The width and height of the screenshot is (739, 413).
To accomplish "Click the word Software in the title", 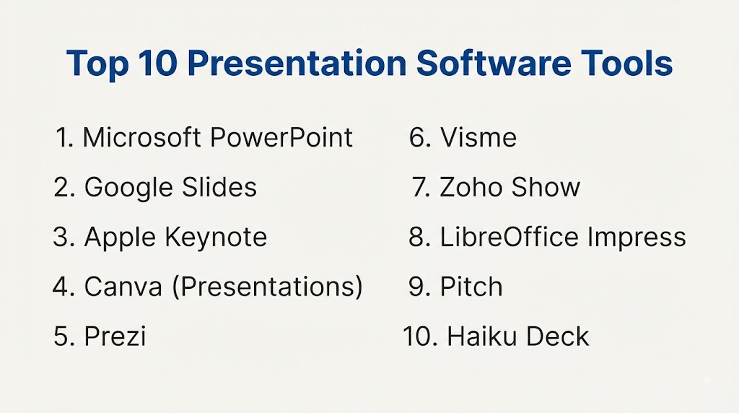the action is [494, 63].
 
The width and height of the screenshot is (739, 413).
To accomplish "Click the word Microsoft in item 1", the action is [142, 137].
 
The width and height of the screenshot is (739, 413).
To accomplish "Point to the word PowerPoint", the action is [281, 137].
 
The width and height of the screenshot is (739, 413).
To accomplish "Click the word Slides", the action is [219, 187].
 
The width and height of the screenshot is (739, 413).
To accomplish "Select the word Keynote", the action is [216, 238].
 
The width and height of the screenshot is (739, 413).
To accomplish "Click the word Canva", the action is [123, 287].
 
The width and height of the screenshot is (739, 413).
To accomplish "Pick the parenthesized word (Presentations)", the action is [267, 287].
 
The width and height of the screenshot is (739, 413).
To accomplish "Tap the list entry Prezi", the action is [115, 336].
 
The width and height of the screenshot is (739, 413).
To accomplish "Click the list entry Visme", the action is [478, 137].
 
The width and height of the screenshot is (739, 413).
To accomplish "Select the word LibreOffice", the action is [509, 237].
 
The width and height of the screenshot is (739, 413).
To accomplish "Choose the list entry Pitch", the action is [471, 287].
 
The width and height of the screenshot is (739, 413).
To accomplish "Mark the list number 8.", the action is [419, 237].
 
